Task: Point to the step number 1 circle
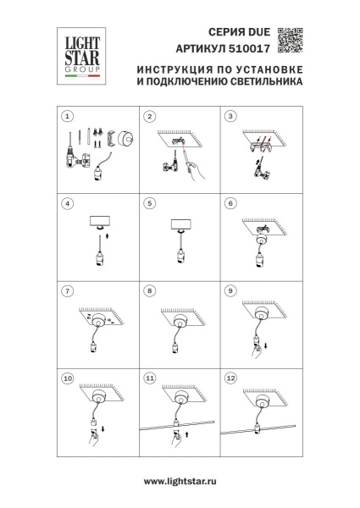[x=69, y=116]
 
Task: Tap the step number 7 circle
[x=69, y=290]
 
